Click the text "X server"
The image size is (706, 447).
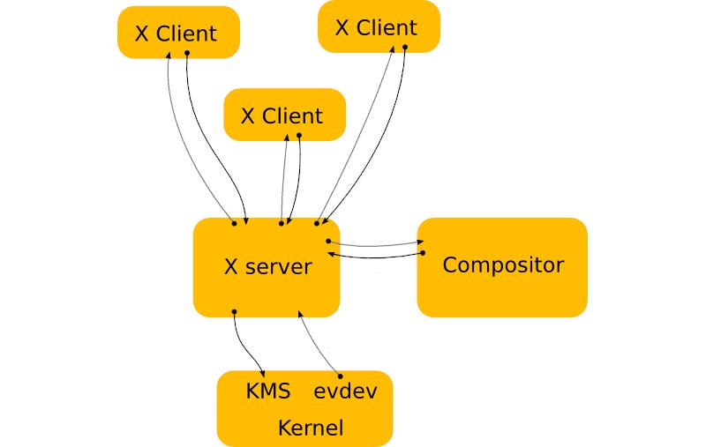tap(267, 266)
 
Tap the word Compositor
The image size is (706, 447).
tap(502, 264)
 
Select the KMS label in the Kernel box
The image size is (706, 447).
tap(268, 391)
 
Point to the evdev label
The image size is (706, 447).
tap(345, 391)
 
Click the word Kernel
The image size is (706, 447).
tap(310, 428)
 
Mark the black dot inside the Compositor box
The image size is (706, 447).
tap(423, 253)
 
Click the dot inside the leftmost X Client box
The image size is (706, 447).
tap(187, 52)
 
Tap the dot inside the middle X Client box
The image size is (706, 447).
tap(299, 135)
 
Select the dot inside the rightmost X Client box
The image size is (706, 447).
tap(405, 46)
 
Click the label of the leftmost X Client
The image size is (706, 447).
tap(176, 34)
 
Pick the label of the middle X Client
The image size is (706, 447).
tap(282, 115)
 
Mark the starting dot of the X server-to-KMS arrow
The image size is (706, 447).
tap(234, 311)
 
